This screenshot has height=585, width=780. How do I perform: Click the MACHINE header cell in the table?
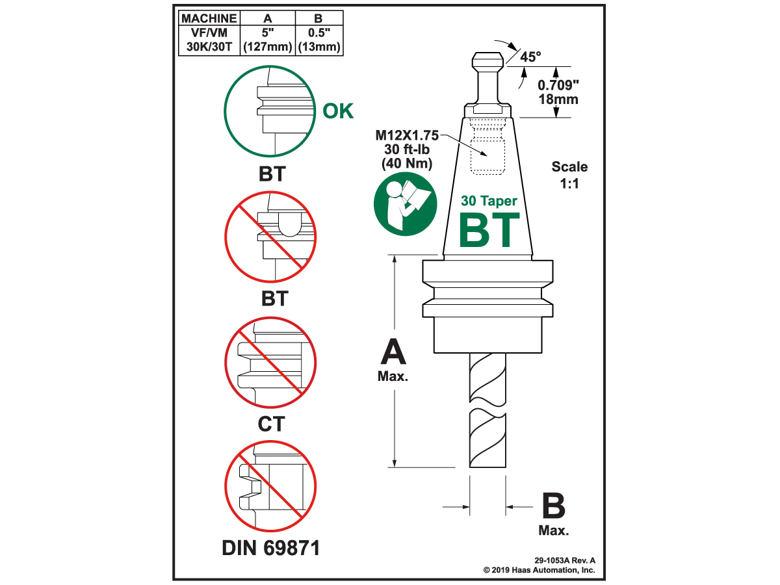tap(209, 18)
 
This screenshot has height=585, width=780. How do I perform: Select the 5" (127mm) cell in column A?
tap(268, 40)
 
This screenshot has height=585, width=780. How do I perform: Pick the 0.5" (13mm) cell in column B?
tap(319, 40)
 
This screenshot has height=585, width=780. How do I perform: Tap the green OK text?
tap(338, 111)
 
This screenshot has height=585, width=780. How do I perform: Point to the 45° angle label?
tap(530, 57)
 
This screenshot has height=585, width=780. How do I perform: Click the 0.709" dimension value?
tap(558, 85)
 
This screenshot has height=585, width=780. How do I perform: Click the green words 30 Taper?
tap(489, 201)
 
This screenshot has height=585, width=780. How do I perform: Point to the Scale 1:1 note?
tap(569, 175)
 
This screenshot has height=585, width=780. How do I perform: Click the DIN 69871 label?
tap(271, 547)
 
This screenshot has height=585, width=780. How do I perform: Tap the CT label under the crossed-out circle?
tap(270, 424)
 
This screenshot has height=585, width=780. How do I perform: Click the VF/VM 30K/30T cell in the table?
tap(209, 40)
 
